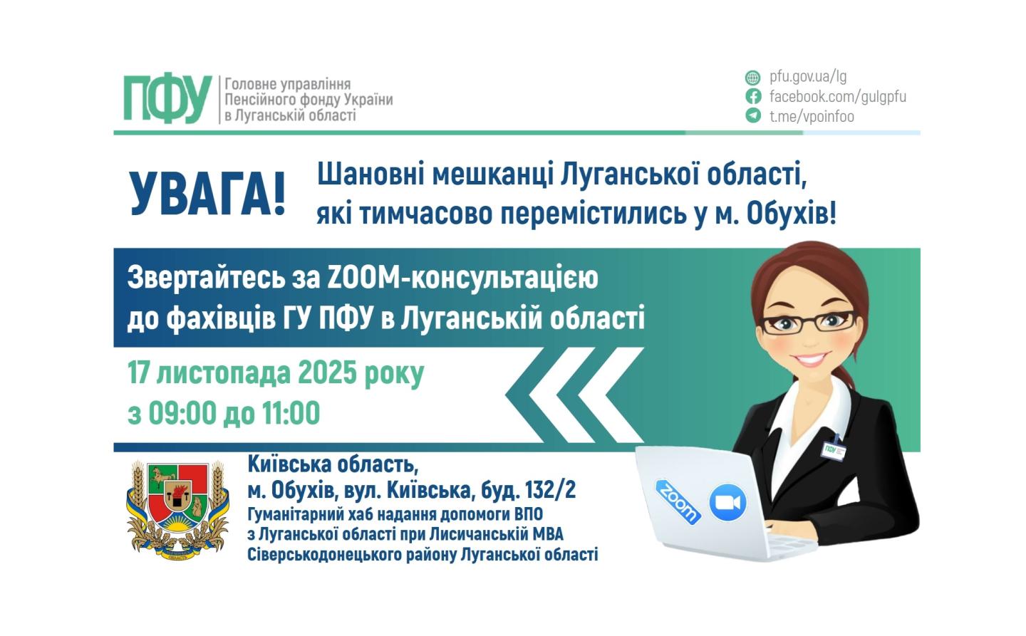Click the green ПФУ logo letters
coord(168,100)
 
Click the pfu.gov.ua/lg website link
coord(807,76)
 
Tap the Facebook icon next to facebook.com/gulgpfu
coord(753,96)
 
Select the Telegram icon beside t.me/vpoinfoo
coord(753,115)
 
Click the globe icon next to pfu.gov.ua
coord(753,77)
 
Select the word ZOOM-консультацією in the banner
coord(463,278)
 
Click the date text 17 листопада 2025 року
coord(276,373)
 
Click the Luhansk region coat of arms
coord(178,509)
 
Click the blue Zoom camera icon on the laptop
coord(727,501)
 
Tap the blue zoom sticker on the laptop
coord(678,501)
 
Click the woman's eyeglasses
coord(808,323)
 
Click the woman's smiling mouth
coord(810,359)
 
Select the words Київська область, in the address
coord(332,464)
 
